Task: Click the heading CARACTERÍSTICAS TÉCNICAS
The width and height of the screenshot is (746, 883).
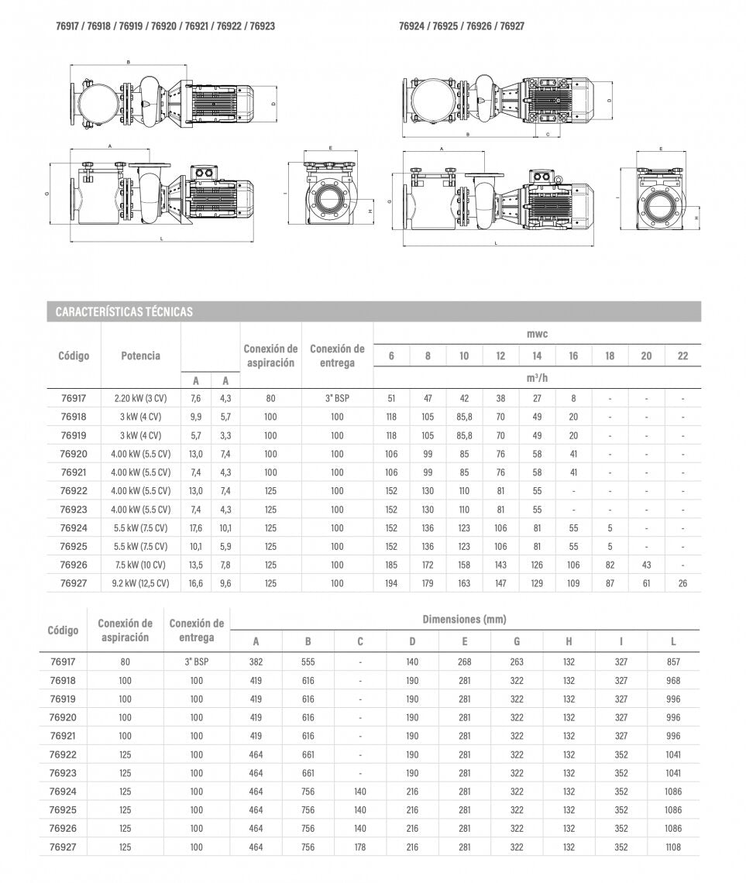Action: point(124,311)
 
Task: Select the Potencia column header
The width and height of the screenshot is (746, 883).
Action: point(140,356)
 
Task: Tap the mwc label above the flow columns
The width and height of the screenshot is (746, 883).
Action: point(537,334)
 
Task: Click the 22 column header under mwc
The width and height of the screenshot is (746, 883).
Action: point(682,356)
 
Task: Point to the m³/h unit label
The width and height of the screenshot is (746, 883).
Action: point(537,378)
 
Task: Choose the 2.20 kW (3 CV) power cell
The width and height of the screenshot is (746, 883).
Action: point(140,399)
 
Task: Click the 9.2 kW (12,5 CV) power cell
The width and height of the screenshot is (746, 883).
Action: point(140,583)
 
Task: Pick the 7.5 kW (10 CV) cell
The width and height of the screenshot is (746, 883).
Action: point(140,565)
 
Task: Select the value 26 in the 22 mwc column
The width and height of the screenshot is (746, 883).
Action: point(682,583)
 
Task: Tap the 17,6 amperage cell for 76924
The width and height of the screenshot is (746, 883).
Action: point(196,528)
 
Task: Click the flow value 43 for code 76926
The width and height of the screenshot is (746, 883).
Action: point(646,565)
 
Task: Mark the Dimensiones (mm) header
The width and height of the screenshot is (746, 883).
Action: point(464,620)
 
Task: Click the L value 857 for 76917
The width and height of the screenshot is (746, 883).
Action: point(672,662)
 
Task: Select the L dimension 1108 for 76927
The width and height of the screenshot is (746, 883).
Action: point(672,847)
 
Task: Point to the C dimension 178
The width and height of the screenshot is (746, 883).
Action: point(360,847)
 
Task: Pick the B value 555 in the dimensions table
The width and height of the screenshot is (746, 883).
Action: point(308,662)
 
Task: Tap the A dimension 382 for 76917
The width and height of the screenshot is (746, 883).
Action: point(256,662)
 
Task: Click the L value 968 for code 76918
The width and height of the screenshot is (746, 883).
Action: point(672,681)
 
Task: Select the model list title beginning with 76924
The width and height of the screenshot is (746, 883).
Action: point(461,26)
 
